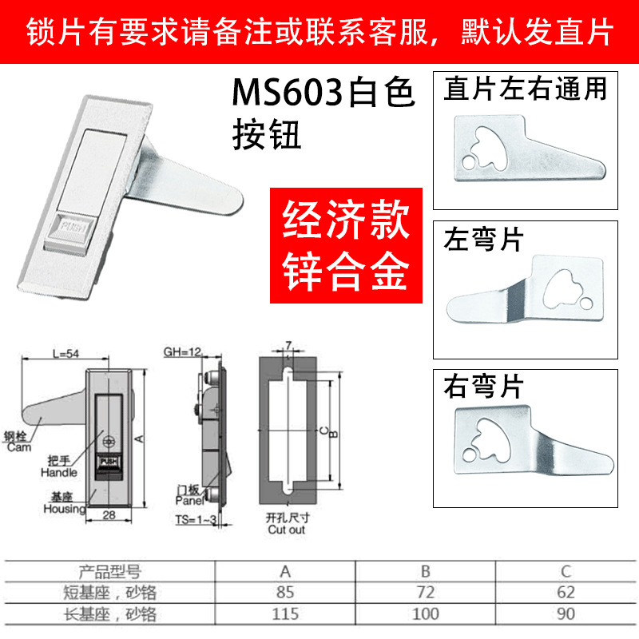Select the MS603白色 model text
coord(323,94)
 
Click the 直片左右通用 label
coord(526,88)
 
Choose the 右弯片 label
coord(482,387)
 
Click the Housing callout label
coord(64,509)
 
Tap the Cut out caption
coord(286,529)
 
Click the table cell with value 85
coord(285,593)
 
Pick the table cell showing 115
coord(285,613)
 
